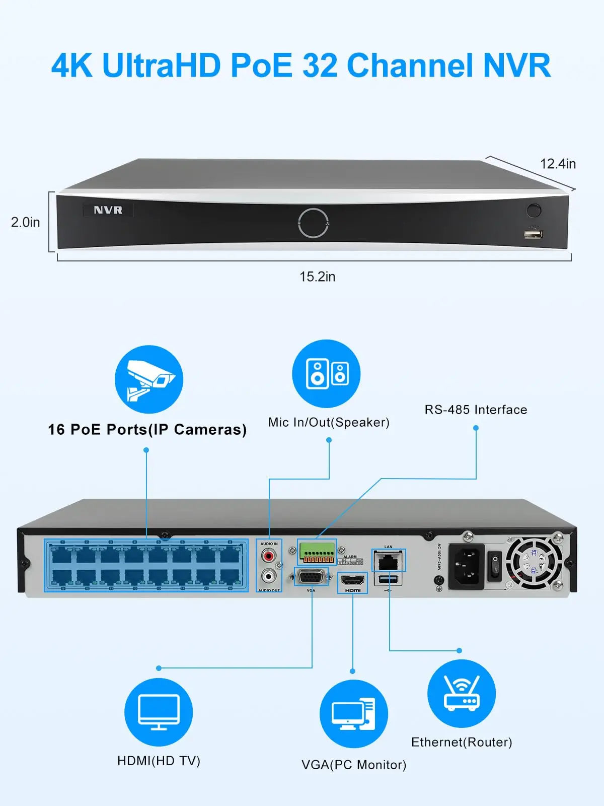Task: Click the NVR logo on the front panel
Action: coord(108,210)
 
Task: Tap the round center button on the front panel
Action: coord(313,222)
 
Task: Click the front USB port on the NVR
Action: coord(533,234)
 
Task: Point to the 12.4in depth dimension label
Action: coord(558,164)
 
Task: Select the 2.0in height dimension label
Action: coord(25,222)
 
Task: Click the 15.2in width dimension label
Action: coord(317,277)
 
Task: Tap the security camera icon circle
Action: coord(148,379)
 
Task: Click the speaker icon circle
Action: coord(326,374)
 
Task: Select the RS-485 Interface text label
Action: coord(476,410)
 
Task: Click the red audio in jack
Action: coord(269,556)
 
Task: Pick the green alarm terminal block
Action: coord(317,553)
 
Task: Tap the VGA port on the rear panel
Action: coord(311,577)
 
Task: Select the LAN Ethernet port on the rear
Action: coord(388,561)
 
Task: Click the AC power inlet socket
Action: coord(466,566)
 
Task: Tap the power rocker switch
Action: coord(495,565)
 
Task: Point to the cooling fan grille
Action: coord(534,563)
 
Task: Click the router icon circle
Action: coord(461,694)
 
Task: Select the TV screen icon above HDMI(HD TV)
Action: coord(159,712)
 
